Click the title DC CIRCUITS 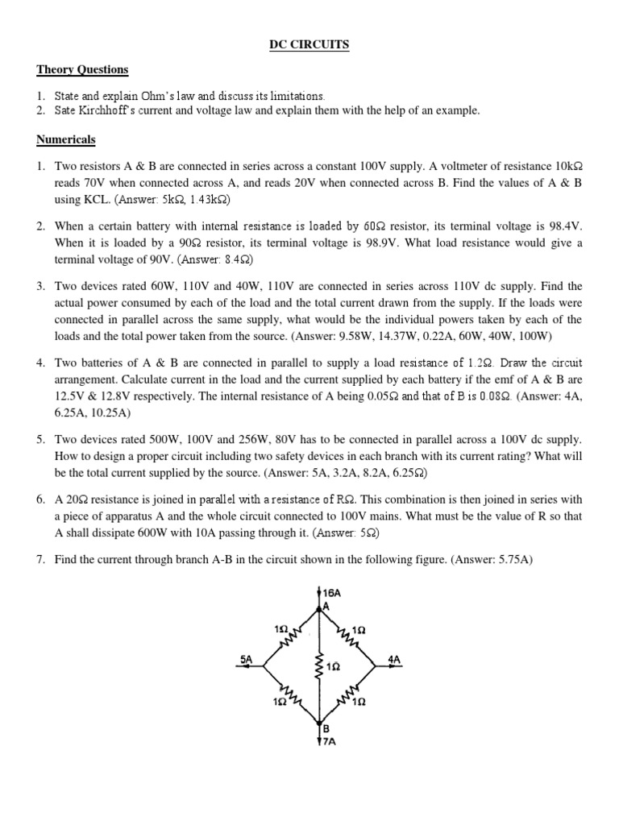tap(309, 45)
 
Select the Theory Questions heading tap(81, 70)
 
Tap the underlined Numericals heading tap(65, 139)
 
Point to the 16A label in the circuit tap(332, 592)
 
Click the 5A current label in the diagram tap(247, 659)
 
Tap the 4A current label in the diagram tap(394, 659)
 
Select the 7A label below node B tap(329, 742)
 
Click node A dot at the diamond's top tap(322, 609)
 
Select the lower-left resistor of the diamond tap(293, 695)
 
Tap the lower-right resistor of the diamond tap(349, 695)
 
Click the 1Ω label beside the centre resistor tap(334, 667)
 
